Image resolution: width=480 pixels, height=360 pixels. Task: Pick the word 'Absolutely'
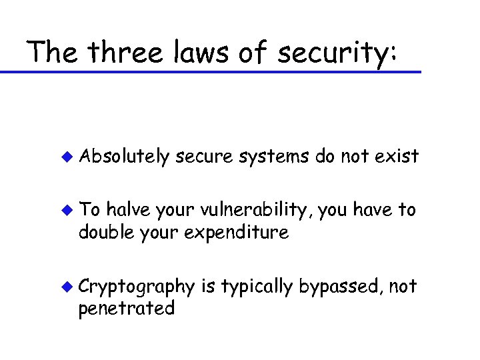[125, 157]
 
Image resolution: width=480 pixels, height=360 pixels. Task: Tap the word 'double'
[101, 233]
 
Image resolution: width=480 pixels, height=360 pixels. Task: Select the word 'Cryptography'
[137, 287]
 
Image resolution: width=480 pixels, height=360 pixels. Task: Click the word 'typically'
[257, 287]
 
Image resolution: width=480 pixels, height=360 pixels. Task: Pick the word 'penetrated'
[127, 309]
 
